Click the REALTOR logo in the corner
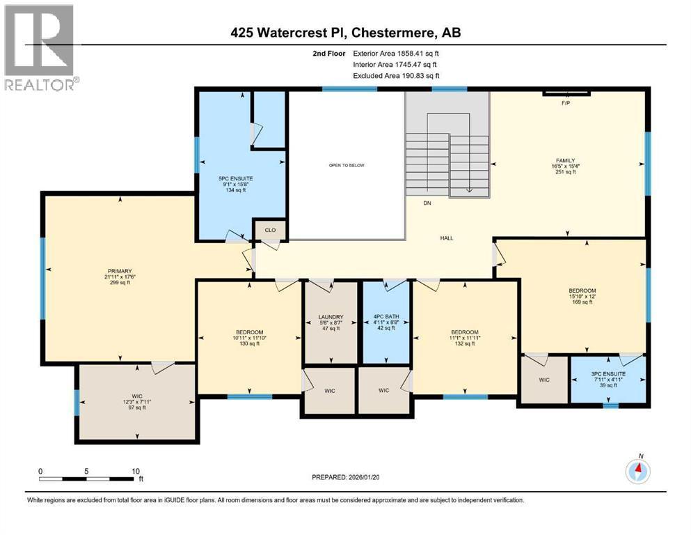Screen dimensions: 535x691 pyautogui.click(x=39, y=47)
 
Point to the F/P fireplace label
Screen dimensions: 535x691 pyautogui.click(x=566, y=102)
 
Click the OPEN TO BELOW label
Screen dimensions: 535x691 pyautogui.click(x=347, y=165)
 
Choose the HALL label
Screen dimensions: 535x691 pyautogui.click(x=447, y=238)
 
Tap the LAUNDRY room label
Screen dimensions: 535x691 pyautogui.click(x=331, y=317)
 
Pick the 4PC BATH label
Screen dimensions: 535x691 pyautogui.click(x=386, y=317)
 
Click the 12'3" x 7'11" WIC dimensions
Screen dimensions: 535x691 pyautogui.click(x=137, y=402)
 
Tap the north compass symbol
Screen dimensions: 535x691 pyautogui.click(x=637, y=472)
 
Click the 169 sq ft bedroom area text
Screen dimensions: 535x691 pyautogui.click(x=582, y=302)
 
